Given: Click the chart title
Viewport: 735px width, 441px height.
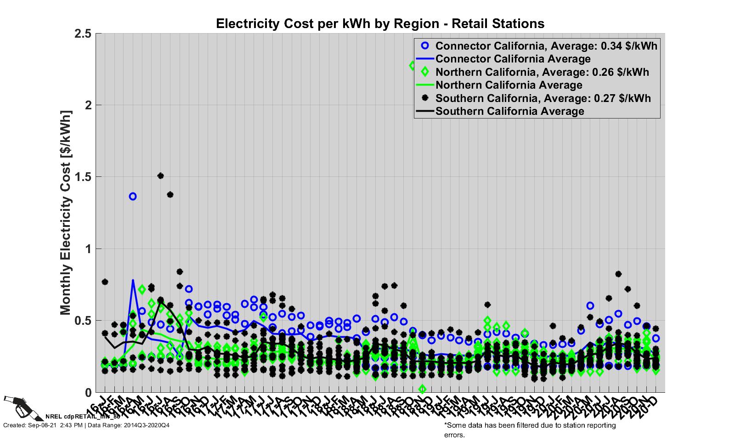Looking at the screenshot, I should coord(380,23).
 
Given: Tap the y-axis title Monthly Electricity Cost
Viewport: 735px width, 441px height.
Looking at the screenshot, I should coord(66,213).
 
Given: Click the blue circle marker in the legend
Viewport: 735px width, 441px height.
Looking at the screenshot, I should coord(425,45).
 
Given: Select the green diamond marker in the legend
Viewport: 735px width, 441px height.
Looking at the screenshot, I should coord(425,72).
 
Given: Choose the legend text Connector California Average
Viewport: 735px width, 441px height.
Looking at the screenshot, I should coord(513,59).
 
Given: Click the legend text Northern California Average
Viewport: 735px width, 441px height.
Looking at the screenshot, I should coord(509,85).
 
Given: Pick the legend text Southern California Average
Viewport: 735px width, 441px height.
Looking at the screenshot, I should coord(509,111).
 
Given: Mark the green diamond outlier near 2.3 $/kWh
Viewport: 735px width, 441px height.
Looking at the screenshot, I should coord(413,66).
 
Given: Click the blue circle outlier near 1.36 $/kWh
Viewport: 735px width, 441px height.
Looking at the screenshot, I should coord(133,196).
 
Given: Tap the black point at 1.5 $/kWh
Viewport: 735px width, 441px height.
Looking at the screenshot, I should coord(160,175).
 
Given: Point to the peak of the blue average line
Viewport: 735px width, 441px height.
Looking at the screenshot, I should coord(133,280).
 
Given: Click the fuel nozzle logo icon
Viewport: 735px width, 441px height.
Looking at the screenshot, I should coord(17,406).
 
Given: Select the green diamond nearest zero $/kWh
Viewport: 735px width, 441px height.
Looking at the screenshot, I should coord(422,389).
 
